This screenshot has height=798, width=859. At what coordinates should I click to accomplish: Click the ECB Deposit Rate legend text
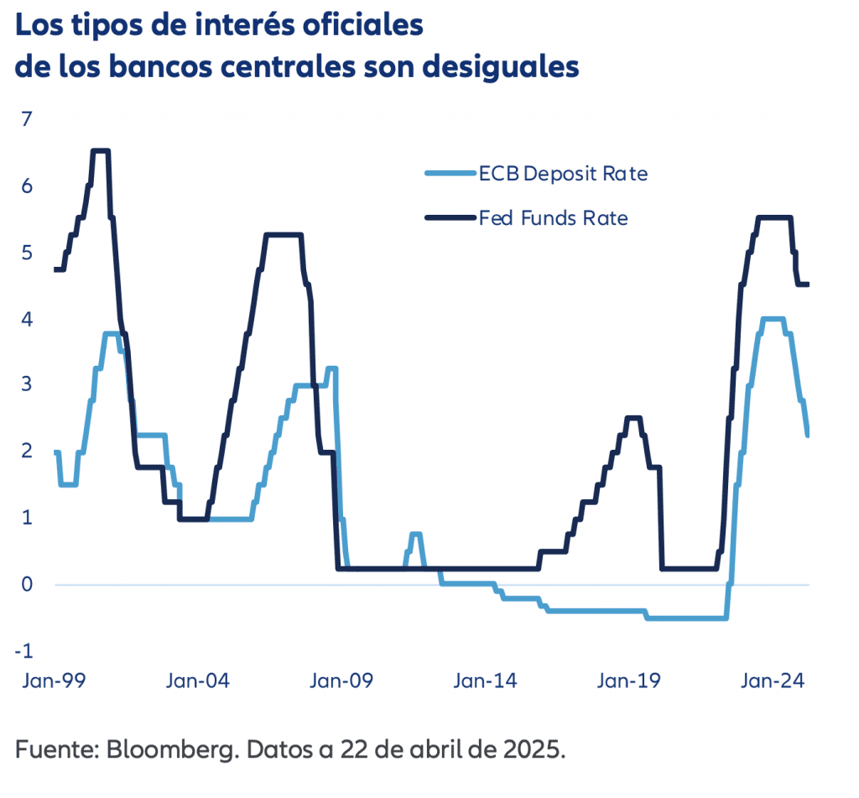point(563,175)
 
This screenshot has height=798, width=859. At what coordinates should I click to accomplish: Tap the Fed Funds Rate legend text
point(554,218)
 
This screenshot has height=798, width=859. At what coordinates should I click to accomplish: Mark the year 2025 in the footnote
point(535,748)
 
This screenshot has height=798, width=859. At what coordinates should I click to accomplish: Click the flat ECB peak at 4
point(772,319)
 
